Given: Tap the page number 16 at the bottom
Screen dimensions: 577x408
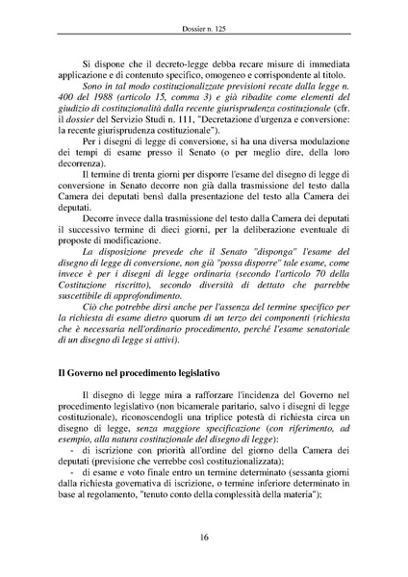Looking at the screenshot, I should (204, 539).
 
